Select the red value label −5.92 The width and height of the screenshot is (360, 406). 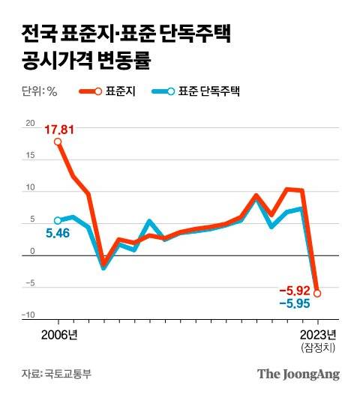click(294, 291)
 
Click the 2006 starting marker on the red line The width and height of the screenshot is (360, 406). click(58, 142)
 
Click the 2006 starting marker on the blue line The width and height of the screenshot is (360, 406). click(58, 221)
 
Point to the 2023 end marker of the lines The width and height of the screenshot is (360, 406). click(317, 294)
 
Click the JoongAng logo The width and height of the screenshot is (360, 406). click(298, 374)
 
